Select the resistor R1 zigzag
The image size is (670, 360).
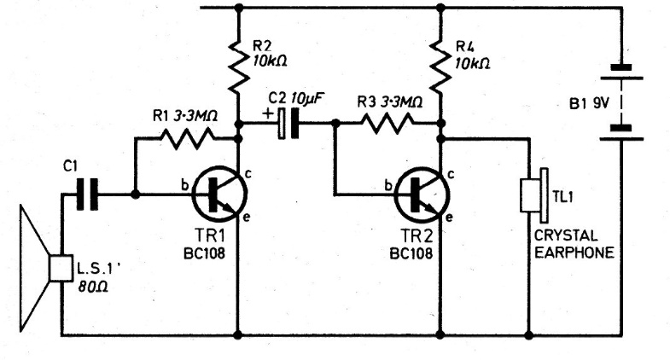coord(184,138)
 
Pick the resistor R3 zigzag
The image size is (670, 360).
coord(387,124)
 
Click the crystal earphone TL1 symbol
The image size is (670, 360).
coord(533,195)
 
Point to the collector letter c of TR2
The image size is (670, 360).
coord(452,173)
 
